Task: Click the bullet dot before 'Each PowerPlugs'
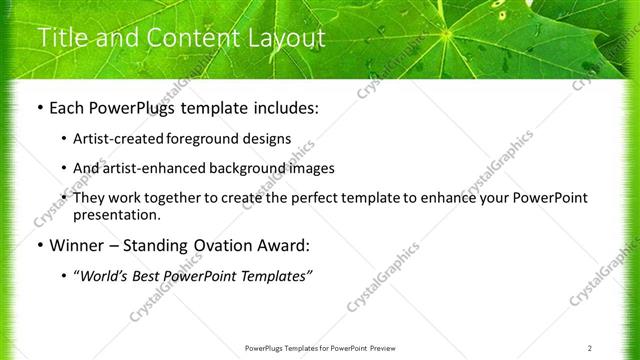39,106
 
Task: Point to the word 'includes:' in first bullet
282,106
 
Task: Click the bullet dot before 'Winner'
39,245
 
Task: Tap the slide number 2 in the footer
590,348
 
